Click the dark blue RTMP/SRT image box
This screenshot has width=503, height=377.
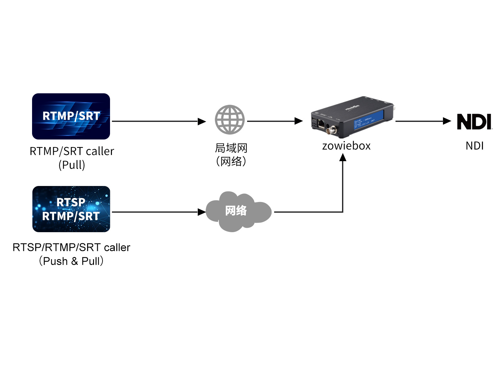(71, 116)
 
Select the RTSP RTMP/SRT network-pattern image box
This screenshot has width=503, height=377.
(71, 209)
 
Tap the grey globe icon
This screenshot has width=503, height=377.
(229, 119)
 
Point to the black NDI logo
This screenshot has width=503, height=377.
(474, 122)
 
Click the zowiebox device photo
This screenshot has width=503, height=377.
(352, 117)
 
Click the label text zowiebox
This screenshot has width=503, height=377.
(346, 146)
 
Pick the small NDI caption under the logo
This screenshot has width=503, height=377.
(474, 146)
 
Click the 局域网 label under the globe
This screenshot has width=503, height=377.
(231, 148)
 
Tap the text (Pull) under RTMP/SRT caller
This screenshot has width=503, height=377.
(72, 165)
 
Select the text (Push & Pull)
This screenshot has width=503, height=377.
(71, 261)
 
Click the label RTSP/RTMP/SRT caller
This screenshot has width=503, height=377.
(71, 248)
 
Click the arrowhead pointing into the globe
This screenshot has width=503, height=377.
(202, 121)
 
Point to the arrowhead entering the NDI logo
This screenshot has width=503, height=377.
(447, 121)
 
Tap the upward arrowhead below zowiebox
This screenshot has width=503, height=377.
(343, 157)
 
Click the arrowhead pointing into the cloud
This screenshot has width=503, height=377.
(202, 212)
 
